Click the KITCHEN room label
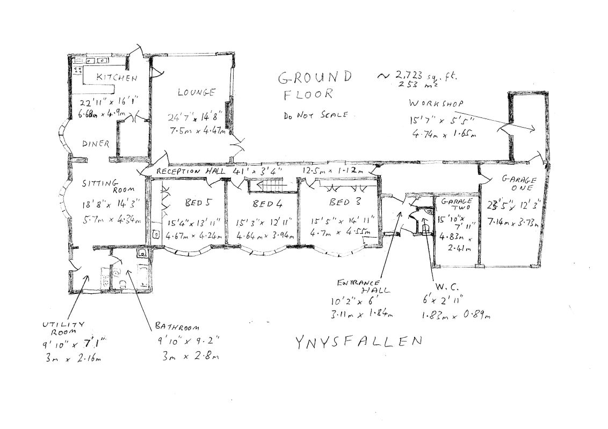(117, 78)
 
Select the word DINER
(96, 144)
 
